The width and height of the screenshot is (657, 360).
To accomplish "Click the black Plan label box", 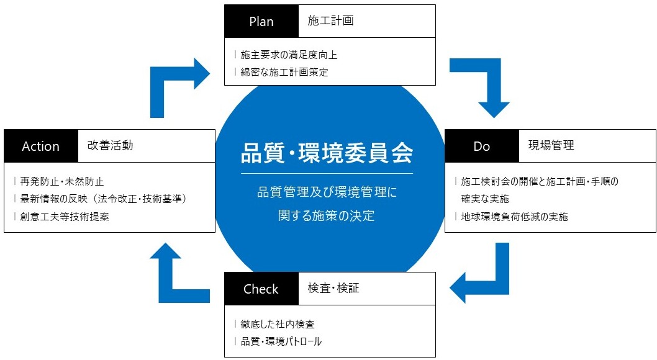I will tap(261, 21).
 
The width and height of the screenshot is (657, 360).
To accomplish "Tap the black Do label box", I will tap(482, 146).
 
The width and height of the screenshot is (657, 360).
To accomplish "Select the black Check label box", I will tap(261, 289).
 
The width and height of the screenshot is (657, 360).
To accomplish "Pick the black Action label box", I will tap(41, 146).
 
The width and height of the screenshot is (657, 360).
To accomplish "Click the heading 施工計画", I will tap(330, 20).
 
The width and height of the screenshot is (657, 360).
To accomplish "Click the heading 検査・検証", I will tap(333, 288).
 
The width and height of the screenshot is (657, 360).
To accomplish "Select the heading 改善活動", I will tap(110, 145).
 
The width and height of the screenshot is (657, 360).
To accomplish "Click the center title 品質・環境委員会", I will tap(327, 153).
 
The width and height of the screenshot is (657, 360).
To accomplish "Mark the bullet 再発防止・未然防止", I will tap(62, 181).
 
